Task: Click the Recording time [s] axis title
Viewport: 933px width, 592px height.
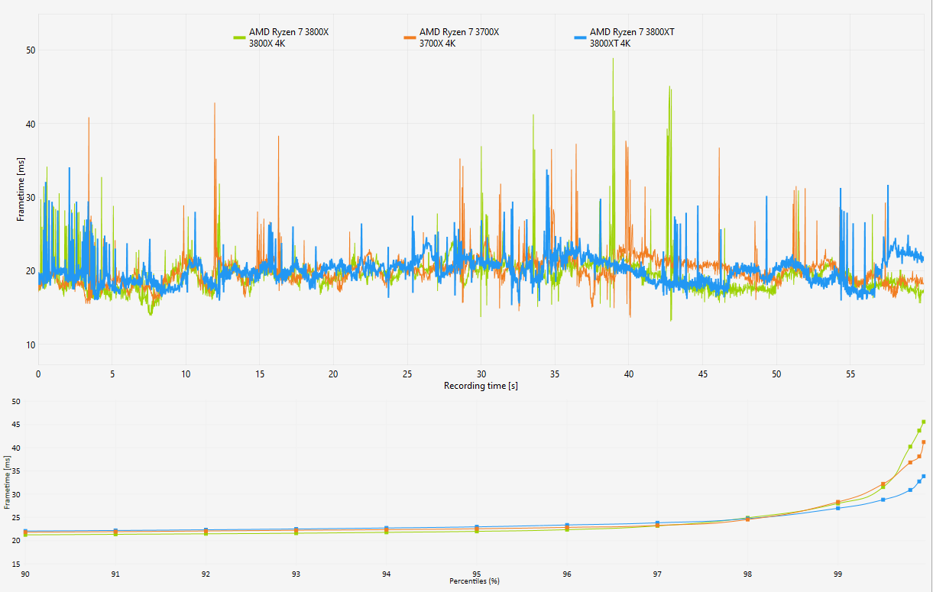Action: click(481, 386)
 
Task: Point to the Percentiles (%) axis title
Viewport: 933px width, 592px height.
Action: click(474, 581)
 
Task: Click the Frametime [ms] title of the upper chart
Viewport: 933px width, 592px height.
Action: click(21, 189)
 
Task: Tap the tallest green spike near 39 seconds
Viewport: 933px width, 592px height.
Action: click(613, 59)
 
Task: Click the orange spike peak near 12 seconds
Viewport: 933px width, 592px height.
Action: click(215, 104)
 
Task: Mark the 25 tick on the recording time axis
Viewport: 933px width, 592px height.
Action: click(407, 374)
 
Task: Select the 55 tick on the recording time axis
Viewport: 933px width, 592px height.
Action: click(850, 374)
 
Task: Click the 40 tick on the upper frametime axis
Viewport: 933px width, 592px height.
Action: click(31, 124)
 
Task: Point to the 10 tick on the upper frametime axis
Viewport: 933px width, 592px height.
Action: click(31, 345)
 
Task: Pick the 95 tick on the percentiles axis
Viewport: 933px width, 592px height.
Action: click(477, 574)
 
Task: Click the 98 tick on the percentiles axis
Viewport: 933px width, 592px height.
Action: click(747, 574)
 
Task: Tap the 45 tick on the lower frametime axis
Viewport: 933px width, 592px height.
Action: click(16, 425)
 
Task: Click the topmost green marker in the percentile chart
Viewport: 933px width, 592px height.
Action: click(923, 422)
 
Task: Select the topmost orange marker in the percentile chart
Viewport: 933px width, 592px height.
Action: click(923, 442)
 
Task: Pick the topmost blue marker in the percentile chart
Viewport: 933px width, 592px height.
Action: click(923, 476)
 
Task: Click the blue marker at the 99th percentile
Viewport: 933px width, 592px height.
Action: click(837, 508)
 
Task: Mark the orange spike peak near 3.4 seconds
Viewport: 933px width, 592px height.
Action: click(89, 118)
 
